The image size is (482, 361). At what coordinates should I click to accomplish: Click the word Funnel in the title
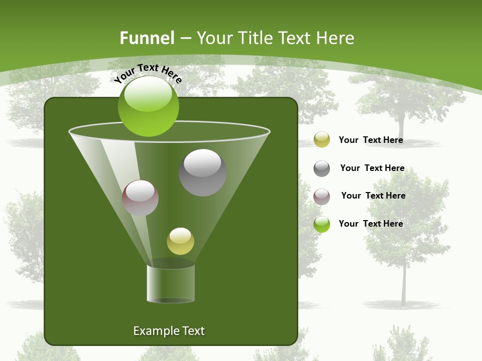147,38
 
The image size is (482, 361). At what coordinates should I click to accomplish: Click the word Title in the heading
255,38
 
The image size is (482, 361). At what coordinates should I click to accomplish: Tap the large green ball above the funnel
148,106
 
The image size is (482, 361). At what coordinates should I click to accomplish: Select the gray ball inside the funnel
202,172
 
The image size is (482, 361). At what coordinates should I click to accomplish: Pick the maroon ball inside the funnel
140,198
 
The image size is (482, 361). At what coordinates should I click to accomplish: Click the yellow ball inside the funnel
180,241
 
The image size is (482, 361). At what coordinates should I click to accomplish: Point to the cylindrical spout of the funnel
171,284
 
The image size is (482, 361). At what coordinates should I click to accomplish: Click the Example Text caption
169,331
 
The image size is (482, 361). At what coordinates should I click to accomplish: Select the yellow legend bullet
321,140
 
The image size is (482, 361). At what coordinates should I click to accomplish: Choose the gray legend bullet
321,168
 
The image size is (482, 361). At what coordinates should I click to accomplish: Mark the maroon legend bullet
321,197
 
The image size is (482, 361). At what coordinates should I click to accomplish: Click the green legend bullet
321,224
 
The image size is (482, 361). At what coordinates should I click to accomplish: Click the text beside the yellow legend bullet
371,140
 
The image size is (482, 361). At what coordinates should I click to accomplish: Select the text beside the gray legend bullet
372,168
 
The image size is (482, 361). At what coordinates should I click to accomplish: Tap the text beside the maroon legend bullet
373,196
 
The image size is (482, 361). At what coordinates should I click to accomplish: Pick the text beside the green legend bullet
371,224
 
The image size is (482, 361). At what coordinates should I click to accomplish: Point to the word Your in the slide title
213,38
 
